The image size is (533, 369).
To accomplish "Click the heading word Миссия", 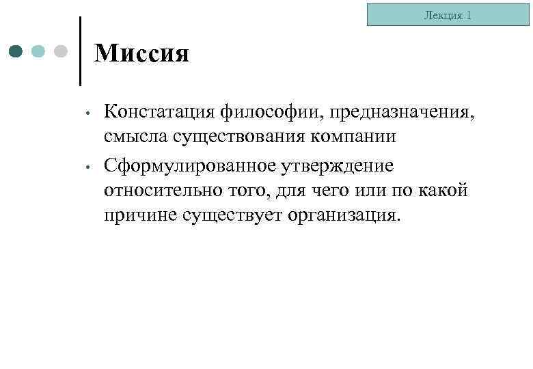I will click(x=141, y=53).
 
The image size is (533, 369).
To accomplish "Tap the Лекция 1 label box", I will click(x=448, y=14).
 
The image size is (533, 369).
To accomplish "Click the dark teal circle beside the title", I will click(x=17, y=51).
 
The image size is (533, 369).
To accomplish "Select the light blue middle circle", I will click(x=39, y=51).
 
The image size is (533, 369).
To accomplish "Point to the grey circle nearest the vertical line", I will click(x=61, y=51).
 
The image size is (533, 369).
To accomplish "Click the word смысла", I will click(x=135, y=136).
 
